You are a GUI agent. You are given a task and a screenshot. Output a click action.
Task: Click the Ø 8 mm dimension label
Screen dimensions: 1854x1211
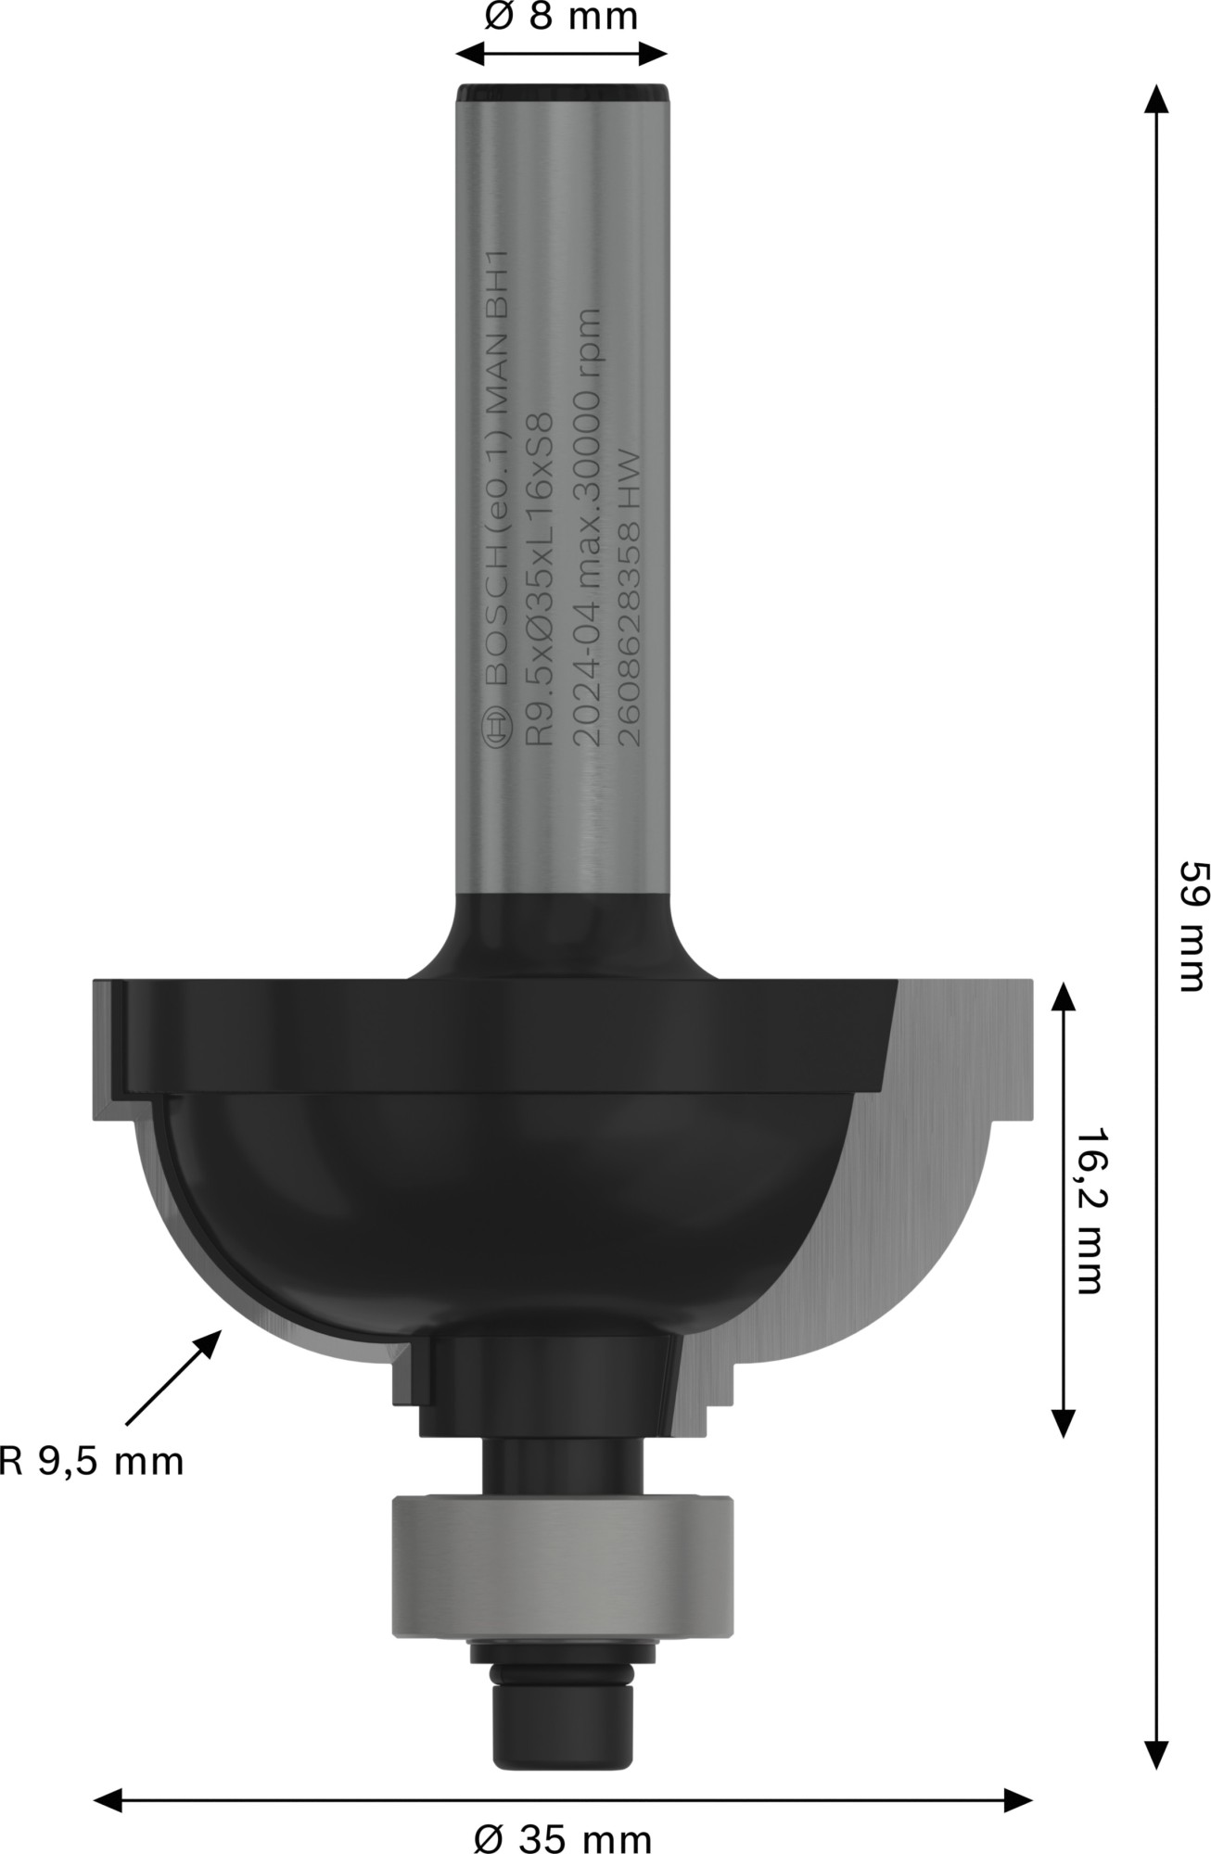pos(561,17)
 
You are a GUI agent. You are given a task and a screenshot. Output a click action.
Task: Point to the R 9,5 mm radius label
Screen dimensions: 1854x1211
pos(92,1462)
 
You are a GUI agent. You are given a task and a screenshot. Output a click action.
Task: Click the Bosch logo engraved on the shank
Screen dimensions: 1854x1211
pos(497,731)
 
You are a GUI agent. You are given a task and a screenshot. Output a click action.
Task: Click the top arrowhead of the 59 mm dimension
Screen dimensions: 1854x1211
pos(1154,96)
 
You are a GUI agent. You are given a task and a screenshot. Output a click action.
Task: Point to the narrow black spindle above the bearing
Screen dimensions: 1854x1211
pos(562,1466)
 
